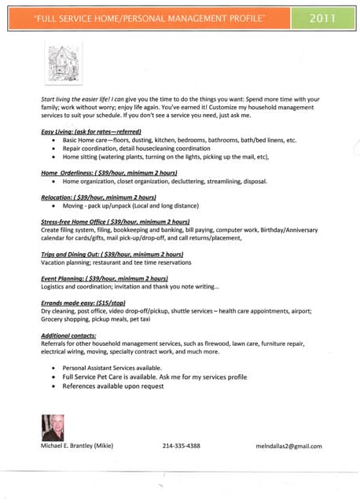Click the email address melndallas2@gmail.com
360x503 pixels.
(288, 446)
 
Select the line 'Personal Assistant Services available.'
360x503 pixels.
(112, 368)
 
